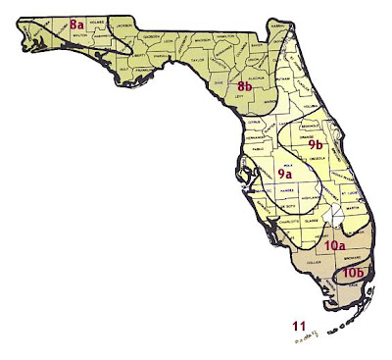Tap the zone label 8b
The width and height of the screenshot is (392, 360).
click(246, 87)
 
